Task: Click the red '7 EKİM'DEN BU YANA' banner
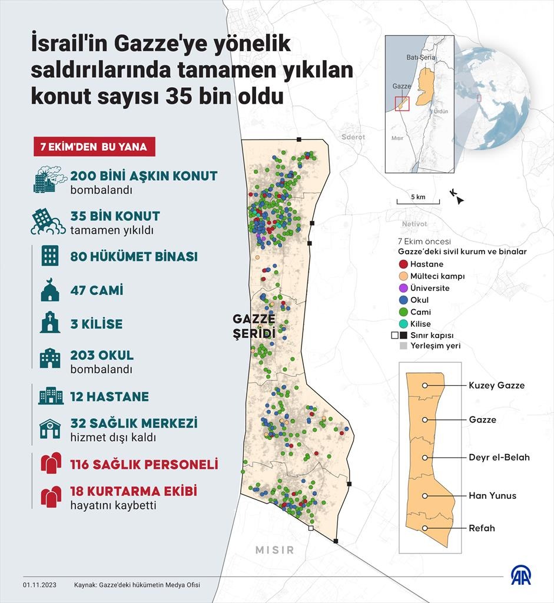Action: (94, 147)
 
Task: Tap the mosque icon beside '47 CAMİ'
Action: (49, 290)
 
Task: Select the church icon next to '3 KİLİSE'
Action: (49, 324)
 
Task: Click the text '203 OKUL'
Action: (102, 356)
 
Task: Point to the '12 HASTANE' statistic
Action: (109, 396)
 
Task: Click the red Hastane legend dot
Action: (403, 264)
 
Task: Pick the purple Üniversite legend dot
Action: (403, 288)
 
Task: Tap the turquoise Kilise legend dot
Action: (403, 324)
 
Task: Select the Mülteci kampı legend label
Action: (437, 276)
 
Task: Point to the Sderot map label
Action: (353, 137)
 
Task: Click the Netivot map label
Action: (414, 224)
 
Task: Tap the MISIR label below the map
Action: (274, 550)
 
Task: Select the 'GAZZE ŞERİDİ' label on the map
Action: (254, 326)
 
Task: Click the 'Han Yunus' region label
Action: (492, 495)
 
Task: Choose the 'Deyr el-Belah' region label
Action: (499, 458)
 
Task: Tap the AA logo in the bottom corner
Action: (520, 576)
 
